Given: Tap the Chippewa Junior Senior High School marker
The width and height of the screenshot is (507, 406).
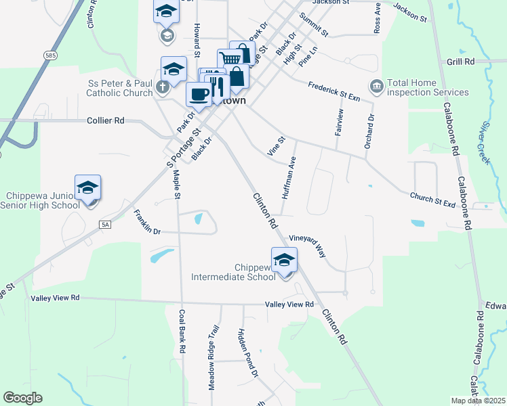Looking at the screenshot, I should point(87,189).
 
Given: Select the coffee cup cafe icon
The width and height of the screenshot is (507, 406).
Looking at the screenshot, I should point(199,95).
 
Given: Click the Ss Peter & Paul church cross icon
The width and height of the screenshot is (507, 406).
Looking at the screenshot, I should point(163,87).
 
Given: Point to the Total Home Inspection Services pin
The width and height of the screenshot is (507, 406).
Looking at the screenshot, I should point(376,87).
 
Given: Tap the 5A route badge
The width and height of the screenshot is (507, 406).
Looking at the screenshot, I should point(104,224).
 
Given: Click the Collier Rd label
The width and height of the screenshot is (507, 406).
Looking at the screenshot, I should point(106,120).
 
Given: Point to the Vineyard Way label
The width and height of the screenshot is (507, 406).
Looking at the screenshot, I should point(308,246).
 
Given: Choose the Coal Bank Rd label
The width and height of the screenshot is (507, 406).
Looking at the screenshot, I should point(182,331).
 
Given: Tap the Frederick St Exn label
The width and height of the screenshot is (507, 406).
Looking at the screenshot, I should point(333,91).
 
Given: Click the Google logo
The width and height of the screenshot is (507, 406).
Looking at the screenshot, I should point(22,398).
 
